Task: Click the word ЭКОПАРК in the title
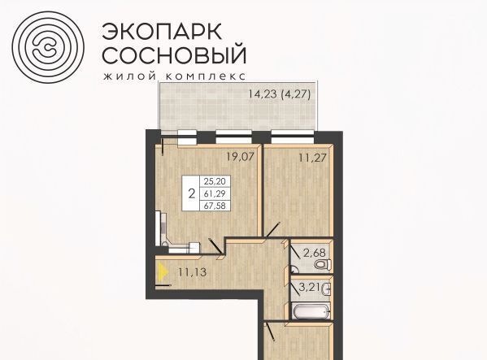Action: [x=162, y=32]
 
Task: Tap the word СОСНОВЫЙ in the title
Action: [x=174, y=54]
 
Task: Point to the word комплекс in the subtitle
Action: [x=206, y=76]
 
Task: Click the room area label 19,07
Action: [x=240, y=157]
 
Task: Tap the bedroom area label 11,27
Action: [x=313, y=158]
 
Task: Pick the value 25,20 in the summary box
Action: [x=215, y=181]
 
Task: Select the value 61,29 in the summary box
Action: [x=215, y=193]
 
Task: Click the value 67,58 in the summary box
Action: [x=215, y=206]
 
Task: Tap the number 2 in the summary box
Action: [x=192, y=193]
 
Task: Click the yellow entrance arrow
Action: [x=163, y=272]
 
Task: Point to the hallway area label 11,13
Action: [x=193, y=272]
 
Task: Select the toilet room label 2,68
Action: [x=315, y=254]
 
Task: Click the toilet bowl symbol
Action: [x=323, y=264]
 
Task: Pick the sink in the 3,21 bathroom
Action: [x=326, y=289]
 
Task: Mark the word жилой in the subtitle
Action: [x=130, y=76]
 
